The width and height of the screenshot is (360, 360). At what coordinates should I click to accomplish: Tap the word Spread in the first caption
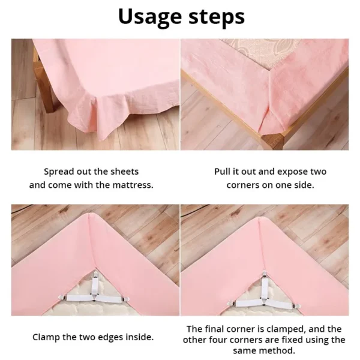click(59, 172)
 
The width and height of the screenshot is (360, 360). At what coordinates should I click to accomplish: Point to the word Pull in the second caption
click(224, 172)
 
